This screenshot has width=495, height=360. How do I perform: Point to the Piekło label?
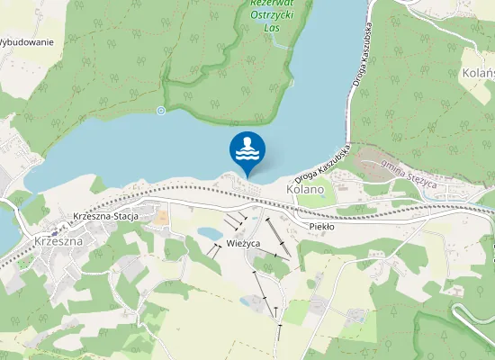tap(321, 227)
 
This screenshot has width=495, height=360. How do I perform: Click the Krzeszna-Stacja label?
tap(111, 217)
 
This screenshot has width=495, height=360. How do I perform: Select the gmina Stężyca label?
tap(408, 167)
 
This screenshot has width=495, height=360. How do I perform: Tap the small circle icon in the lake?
tap(161, 111)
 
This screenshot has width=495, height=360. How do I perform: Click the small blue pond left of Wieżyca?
tap(210, 234)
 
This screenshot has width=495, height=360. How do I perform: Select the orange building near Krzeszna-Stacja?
tap(160, 217)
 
